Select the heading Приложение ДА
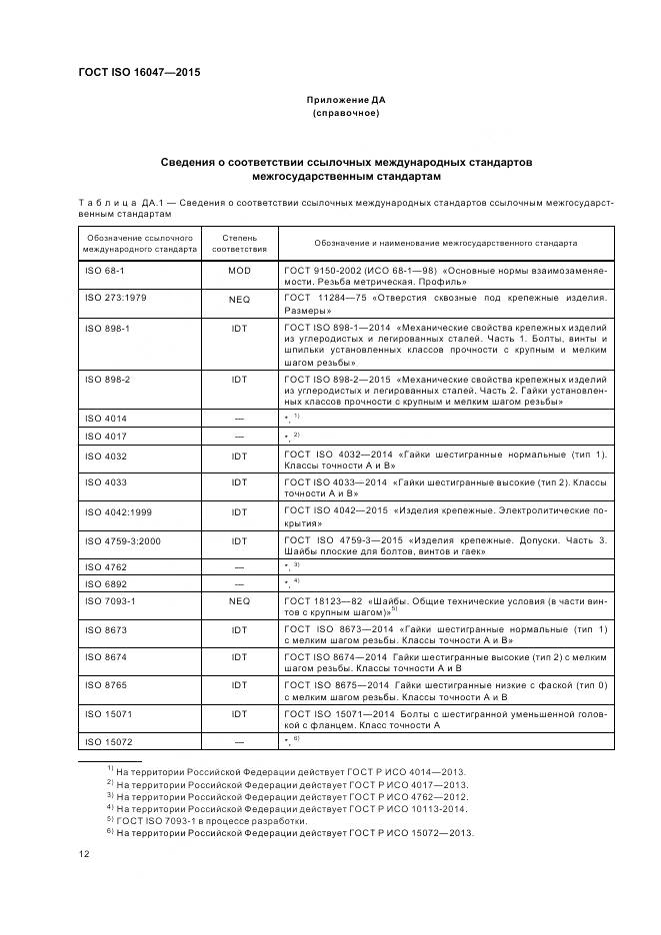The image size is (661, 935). click(345, 101)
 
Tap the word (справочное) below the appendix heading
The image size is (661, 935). click(345, 115)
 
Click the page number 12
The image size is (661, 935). click(84, 853)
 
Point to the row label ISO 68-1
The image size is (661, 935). click(102, 272)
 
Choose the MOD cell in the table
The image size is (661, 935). click(239, 272)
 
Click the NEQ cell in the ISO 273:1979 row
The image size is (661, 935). click(239, 299)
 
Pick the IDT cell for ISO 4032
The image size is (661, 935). click(239, 456)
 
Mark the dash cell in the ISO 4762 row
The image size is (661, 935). click(239, 565)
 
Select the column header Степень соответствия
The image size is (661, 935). click(239, 242)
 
